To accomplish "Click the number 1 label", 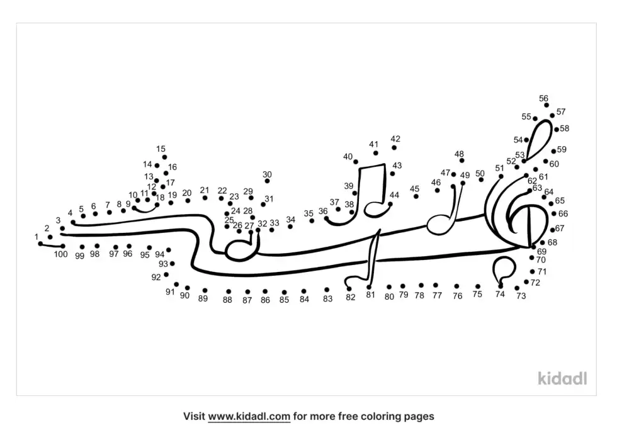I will [x=37, y=237].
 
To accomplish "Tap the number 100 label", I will [x=60, y=254].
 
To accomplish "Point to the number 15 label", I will [x=161, y=149].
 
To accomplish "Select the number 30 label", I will [x=267, y=174].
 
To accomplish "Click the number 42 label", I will [x=395, y=139].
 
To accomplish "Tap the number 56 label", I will [x=543, y=98].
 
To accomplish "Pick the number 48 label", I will [x=459, y=154].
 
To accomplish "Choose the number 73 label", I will [x=521, y=296].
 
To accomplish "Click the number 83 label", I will [x=327, y=299].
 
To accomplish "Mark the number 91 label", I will [x=170, y=291].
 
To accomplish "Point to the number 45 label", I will [x=414, y=189].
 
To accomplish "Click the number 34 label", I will [x=290, y=220].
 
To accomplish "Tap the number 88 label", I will [x=227, y=300].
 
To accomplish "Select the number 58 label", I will [x=565, y=128].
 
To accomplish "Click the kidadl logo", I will [x=562, y=378].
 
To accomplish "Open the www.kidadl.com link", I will [x=249, y=416].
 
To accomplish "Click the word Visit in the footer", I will [x=194, y=416].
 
